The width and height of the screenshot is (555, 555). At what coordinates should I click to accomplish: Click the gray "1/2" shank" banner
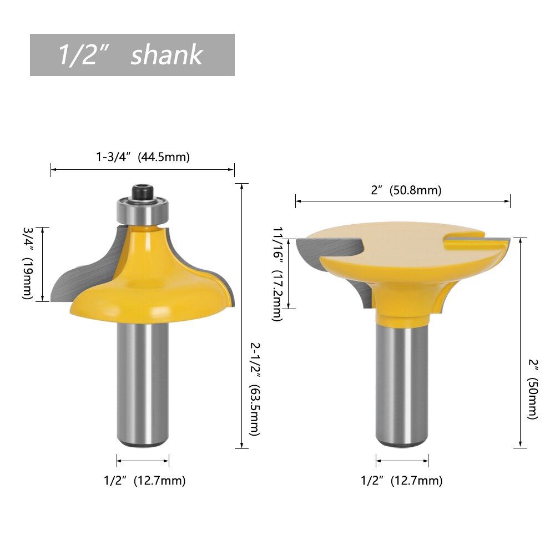[132, 55]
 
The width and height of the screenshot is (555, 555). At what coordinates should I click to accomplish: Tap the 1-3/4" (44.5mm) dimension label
[143, 157]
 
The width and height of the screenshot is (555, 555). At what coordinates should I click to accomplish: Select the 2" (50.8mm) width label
[406, 190]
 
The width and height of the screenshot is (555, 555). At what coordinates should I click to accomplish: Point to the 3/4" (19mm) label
[28, 264]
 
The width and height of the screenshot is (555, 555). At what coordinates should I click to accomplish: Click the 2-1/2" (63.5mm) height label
[255, 389]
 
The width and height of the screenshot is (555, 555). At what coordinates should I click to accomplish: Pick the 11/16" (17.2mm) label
[277, 274]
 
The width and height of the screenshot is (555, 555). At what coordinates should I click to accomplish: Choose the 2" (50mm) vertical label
[533, 389]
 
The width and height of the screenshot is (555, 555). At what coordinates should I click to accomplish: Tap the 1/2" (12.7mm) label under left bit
[144, 481]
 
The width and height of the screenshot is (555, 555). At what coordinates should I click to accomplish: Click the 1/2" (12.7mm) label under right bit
[402, 481]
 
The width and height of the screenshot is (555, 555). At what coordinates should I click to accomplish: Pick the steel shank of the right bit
[402, 383]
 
